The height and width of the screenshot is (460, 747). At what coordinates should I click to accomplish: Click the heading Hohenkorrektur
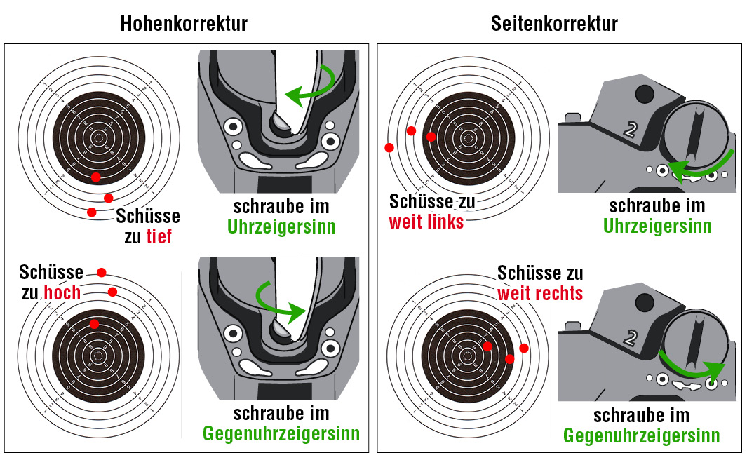pyautogui.click(x=184, y=23)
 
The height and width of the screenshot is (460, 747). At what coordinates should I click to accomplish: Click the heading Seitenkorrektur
pyautogui.click(x=554, y=23)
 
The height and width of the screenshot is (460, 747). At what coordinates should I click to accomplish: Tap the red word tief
pyautogui.click(x=159, y=236)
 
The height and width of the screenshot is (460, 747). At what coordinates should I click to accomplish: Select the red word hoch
pyautogui.click(x=63, y=292)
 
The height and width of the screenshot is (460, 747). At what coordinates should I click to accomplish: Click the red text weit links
pyautogui.click(x=426, y=222)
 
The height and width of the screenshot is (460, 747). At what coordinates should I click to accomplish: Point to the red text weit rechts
pyautogui.click(x=540, y=292)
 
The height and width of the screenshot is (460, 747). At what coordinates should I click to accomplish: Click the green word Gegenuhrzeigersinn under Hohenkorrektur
pyautogui.click(x=281, y=433)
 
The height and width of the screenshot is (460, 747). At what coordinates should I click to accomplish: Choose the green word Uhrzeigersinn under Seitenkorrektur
pyautogui.click(x=657, y=226)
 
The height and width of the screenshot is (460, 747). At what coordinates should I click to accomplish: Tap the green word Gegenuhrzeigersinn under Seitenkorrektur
pyautogui.click(x=641, y=435)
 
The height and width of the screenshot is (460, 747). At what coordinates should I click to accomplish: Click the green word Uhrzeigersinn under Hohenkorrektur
pyautogui.click(x=281, y=227)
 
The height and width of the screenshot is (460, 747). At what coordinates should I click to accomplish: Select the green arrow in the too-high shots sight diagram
pyautogui.click(x=283, y=300)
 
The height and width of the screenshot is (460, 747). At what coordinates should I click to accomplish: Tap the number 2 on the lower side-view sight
pyautogui.click(x=630, y=339)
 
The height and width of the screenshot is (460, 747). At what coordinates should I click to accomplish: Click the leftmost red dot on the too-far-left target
pyautogui.click(x=389, y=147)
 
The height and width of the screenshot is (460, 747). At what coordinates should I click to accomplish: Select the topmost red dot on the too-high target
pyautogui.click(x=102, y=272)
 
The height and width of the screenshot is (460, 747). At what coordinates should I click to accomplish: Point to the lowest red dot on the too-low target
pyautogui.click(x=91, y=212)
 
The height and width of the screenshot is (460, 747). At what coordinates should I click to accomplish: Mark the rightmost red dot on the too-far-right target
pyautogui.click(x=523, y=348)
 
